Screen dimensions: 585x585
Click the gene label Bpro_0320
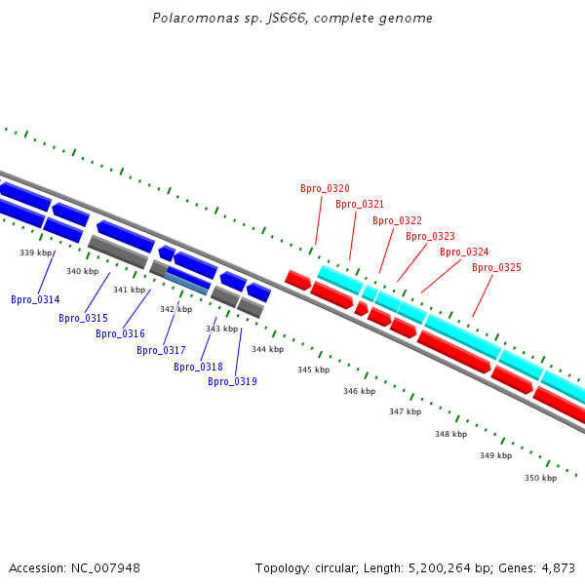[x=325, y=188]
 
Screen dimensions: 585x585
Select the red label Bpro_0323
[x=430, y=236]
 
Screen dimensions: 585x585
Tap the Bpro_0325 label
[x=496, y=267]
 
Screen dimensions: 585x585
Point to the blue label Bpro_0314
[x=35, y=299]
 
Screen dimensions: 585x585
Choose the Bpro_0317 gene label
[x=161, y=350]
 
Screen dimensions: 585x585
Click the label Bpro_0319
[x=232, y=381]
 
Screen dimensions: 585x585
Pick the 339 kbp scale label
[x=35, y=253]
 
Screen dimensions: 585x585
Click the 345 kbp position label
[x=313, y=370]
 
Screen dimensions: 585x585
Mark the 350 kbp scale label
[x=540, y=478]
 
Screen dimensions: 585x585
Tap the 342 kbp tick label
[x=175, y=309]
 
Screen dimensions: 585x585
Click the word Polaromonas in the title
[x=188, y=19]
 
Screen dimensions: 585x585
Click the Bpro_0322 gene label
[x=397, y=220]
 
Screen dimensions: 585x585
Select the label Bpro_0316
[x=120, y=333]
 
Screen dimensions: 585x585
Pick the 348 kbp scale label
[x=450, y=434]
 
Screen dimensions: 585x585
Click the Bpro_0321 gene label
[x=360, y=204]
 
